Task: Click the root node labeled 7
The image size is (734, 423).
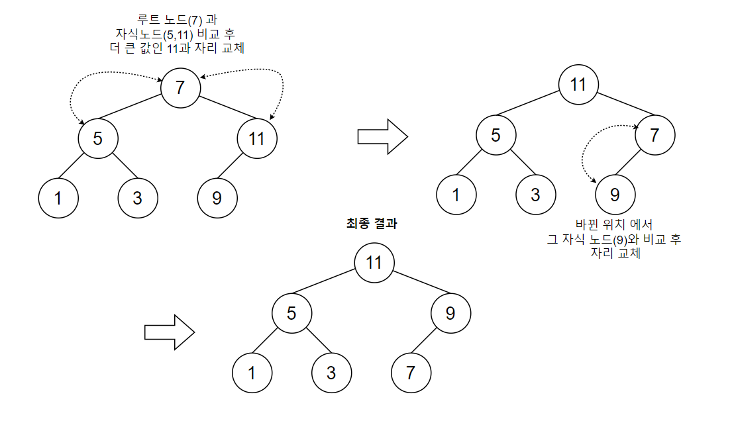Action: click(180, 87)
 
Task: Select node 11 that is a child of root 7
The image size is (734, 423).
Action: click(257, 139)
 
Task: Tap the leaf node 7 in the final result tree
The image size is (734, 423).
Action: click(411, 372)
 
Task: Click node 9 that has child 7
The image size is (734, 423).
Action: click(450, 312)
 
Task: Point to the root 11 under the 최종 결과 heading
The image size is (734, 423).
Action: click(374, 262)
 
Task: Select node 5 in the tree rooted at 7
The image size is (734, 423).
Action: click(98, 139)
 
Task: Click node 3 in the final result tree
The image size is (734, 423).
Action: click(331, 372)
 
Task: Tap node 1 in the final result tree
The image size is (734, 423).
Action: click(252, 372)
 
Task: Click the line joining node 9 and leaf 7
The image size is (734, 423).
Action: click(429, 342)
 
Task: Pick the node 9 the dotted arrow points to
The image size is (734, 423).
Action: click(615, 195)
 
